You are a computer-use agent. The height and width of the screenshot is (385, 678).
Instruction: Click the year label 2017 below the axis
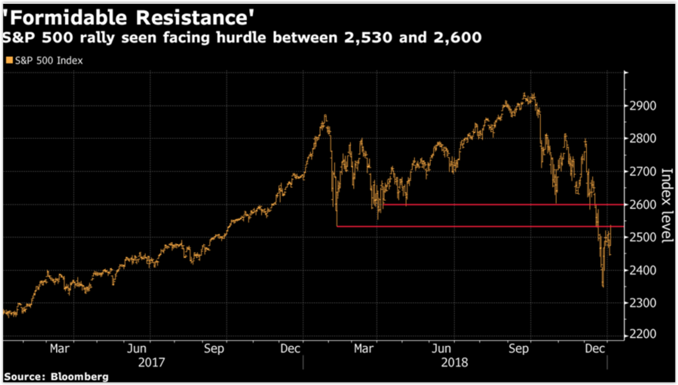pos(152,363)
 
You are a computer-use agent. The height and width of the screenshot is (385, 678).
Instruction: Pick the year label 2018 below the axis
pos(454,363)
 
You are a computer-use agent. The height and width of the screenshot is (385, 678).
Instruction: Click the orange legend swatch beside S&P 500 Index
pos(8,60)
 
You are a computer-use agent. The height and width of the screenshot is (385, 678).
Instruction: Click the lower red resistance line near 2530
pos(463,227)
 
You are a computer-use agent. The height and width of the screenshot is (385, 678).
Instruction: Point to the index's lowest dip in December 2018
pos(603,286)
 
